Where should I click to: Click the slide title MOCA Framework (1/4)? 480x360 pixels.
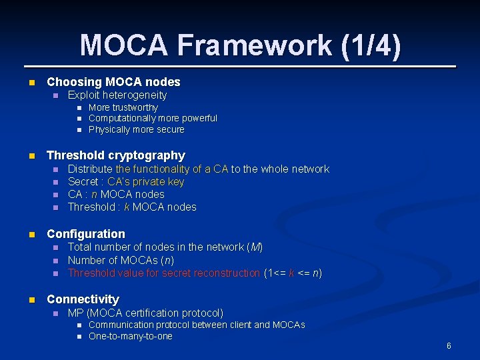241,45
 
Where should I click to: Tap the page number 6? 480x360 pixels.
449,346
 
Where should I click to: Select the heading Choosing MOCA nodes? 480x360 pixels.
113,82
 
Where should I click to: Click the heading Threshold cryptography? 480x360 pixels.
115,155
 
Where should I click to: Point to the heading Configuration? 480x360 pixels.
85,234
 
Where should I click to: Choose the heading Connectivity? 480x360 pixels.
83,299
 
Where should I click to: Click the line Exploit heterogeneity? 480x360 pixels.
117,95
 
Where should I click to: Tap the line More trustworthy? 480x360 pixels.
123,107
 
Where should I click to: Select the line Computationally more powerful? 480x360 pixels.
153,118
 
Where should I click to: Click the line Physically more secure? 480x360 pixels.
136,129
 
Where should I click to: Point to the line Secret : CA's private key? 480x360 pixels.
126,182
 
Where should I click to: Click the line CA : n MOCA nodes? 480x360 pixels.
116,195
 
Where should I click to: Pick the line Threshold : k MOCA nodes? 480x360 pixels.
132,207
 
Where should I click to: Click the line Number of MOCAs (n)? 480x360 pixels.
121,260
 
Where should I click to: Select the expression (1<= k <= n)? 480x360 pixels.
293,273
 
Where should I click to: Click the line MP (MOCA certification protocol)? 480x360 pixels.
145,313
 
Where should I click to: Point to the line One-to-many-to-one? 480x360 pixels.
130,336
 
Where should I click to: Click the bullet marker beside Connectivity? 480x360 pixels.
30,300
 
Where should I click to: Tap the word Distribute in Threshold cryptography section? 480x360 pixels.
90,169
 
